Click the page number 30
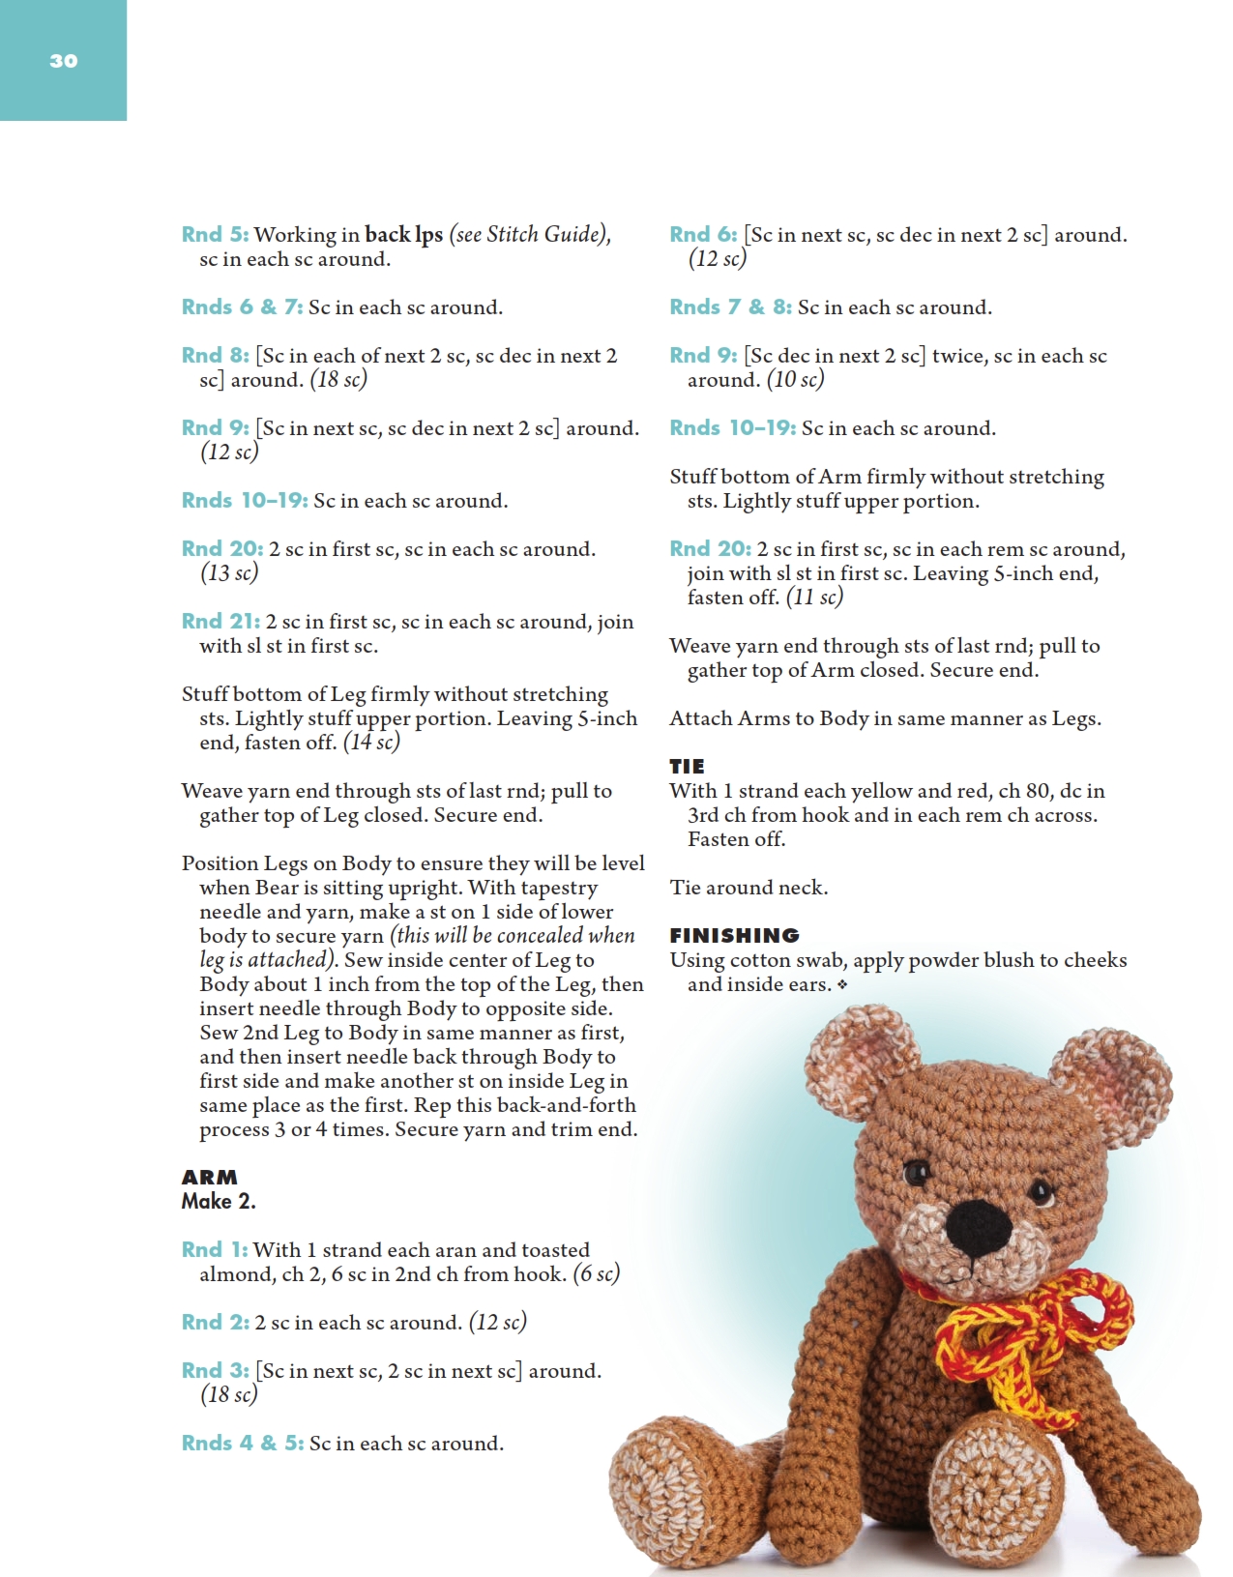(63, 61)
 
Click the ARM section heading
(209, 1177)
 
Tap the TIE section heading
(687, 766)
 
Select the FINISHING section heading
(734, 935)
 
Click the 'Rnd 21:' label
(220, 622)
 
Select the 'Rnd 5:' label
(215, 235)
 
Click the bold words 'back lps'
(403, 235)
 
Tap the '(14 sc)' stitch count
(371, 743)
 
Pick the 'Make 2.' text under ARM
(219, 1202)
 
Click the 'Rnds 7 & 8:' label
(730, 307)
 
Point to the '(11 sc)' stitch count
(814, 598)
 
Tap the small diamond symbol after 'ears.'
(842, 985)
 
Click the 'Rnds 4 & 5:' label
(243, 1444)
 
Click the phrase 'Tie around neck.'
(749, 888)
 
